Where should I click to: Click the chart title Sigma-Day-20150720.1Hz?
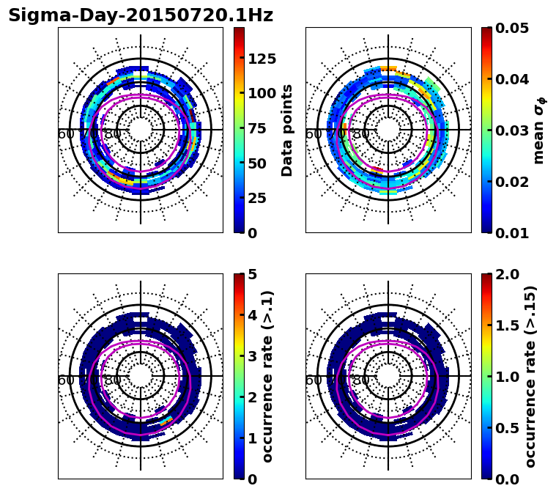(x=141, y=15)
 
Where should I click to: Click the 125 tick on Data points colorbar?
(x=262, y=59)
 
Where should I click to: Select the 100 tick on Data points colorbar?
(x=262, y=93)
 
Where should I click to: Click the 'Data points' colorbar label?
(x=287, y=130)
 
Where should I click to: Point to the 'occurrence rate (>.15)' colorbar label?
(x=530, y=376)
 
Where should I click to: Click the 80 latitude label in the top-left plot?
(x=113, y=134)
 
